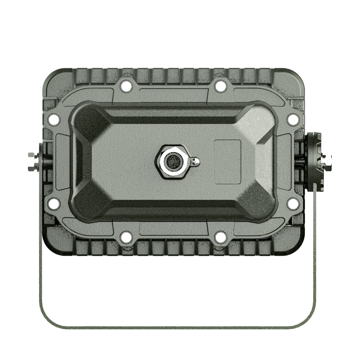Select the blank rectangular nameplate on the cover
pos(228,162)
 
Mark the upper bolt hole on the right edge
pos(292,119)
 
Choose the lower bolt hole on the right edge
pos(292,204)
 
